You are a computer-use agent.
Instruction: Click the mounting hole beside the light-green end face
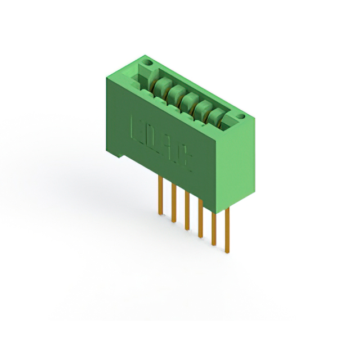tap(241, 117)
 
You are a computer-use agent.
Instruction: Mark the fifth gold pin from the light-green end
tap(174, 200)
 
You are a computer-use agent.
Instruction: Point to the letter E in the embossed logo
tap(135, 128)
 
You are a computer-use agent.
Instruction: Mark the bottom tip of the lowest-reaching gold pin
tap(227, 251)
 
